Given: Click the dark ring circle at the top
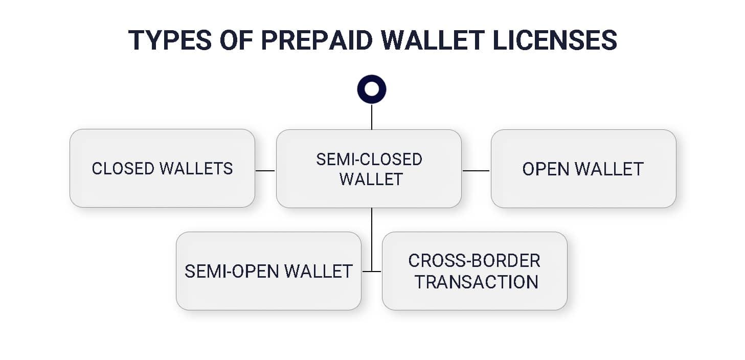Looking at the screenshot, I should pyautogui.click(x=372, y=89).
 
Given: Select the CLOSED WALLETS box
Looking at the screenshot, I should pyautogui.click(x=162, y=168).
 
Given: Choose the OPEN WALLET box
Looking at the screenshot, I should pyautogui.click(x=583, y=169).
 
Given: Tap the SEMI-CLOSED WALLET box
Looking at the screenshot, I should pyautogui.click(x=369, y=169).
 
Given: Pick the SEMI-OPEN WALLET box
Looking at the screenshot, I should pyautogui.click(x=268, y=271).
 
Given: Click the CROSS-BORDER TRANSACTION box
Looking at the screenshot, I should pyautogui.click(x=474, y=271).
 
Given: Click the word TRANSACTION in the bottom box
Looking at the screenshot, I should pyautogui.click(x=476, y=282).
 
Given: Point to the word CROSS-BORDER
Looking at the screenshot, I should pyautogui.click(x=474, y=261).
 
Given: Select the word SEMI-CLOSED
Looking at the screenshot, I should pyautogui.click(x=369, y=159).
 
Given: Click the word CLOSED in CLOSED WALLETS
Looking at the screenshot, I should pyautogui.click(x=123, y=168).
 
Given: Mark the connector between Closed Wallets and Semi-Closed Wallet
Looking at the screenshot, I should pyautogui.click(x=265, y=170).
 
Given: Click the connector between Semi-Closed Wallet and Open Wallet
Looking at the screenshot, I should pyautogui.click(x=476, y=170).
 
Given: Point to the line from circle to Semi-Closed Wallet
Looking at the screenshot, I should pyautogui.click(x=372, y=117).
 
